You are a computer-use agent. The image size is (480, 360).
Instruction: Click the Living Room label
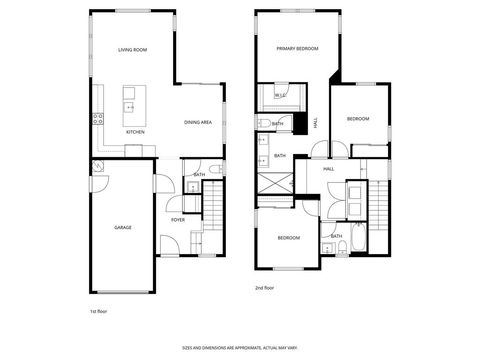pyautogui.click(x=133, y=49)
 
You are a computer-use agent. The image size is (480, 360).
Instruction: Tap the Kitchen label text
pyautogui.click(x=135, y=132)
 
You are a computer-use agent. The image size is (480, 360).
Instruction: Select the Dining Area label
pyautogui.click(x=198, y=122)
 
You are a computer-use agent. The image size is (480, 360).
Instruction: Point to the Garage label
pyautogui.click(x=122, y=228)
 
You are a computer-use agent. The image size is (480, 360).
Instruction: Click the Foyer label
pyautogui.click(x=177, y=219)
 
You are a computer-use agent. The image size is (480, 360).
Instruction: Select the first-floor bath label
pyautogui.click(x=199, y=175)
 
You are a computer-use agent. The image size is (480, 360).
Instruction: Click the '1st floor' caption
pyautogui.click(x=99, y=311)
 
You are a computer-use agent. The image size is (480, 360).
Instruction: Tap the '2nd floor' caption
pyautogui.click(x=264, y=288)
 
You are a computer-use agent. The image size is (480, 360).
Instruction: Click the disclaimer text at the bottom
pyautogui.click(x=240, y=348)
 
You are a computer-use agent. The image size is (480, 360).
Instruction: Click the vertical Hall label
pyautogui.click(x=316, y=122)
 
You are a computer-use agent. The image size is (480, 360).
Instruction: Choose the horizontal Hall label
pyautogui.click(x=328, y=169)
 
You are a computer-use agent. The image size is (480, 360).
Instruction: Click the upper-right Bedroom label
pyautogui.click(x=357, y=119)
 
